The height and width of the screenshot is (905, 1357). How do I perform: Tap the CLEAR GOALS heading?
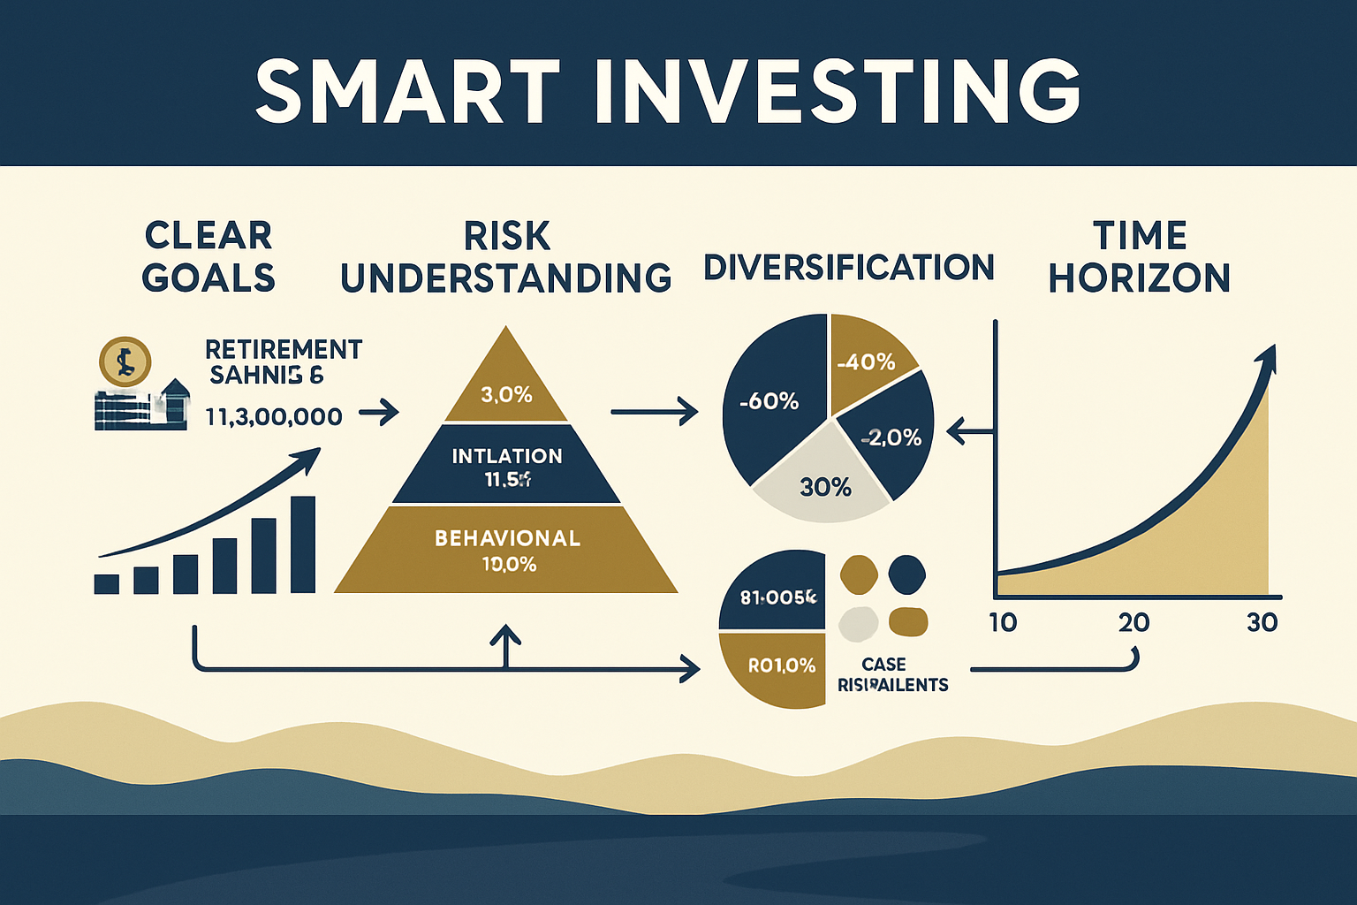(209, 257)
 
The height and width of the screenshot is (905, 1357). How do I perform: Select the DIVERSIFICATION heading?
(849, 267)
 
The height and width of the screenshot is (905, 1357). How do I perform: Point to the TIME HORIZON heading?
(1139, 257)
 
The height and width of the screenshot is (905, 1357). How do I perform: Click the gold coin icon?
(125, 361)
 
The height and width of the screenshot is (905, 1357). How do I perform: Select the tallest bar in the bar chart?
(302, 544)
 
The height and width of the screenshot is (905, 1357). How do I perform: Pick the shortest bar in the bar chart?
(107, 583)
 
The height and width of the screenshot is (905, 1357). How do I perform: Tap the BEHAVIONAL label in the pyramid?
(507, 538)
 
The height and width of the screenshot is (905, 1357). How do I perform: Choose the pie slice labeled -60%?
(769, 402)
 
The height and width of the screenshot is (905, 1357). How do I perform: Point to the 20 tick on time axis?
(1133, 622)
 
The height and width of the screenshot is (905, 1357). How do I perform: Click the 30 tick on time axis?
(1262, 622)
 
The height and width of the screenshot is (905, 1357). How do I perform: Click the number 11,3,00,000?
(274, 416)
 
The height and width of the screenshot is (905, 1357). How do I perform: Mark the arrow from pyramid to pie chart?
(654, 411)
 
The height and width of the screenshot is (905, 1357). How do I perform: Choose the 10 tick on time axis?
(1003, 622)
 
